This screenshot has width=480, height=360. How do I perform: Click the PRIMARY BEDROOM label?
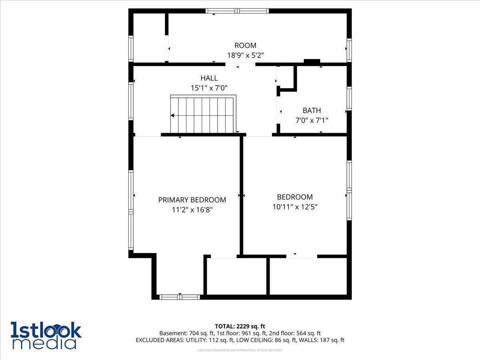(192, 200)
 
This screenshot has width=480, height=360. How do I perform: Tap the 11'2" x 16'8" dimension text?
(192, 210)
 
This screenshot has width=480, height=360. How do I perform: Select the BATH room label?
(312, 110)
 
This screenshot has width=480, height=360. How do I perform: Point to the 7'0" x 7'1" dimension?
(312, 120)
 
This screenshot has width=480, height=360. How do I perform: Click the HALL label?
(209, 78)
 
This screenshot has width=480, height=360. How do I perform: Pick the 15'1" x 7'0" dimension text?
(209, 88)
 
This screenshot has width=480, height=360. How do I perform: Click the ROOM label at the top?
(245, 46)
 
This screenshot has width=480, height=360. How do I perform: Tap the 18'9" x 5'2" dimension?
(245, 55)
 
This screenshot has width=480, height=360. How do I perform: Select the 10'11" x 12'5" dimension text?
(295, 207)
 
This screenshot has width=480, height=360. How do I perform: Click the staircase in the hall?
(203, 114)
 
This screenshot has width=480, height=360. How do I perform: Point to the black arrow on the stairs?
(172, 116)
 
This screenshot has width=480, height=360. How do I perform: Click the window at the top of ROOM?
(237, 11)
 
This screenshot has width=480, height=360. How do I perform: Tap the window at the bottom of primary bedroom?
(180, 297)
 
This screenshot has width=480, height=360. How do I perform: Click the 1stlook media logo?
(46, 335)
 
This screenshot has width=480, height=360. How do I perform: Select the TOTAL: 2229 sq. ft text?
(240, 326)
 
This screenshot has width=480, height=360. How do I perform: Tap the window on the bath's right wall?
(349, 98)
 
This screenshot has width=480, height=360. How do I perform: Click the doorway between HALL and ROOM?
(240, 64)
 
